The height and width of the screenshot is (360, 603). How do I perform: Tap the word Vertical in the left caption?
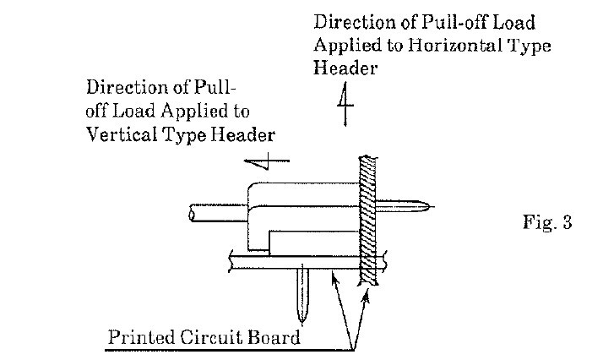click(x=119, y=135)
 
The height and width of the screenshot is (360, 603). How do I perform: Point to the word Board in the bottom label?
click(x=273, y=339)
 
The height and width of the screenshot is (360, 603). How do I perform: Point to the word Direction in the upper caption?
click(x=350, y=24)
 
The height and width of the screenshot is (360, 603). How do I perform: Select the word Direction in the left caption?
click(x=122, y=87)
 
